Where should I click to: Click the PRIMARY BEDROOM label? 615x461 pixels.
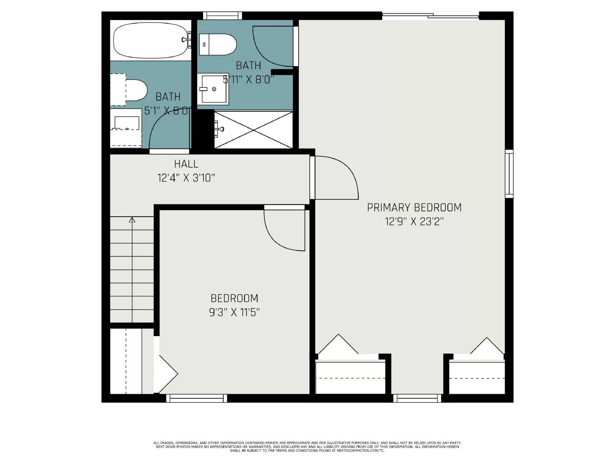pyautogui.click(x=414, y=207)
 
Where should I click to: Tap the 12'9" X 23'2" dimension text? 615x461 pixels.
pyautogui.click(x=414, y=222)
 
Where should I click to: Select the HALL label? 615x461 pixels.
pyautogui.click(x=186, y=164)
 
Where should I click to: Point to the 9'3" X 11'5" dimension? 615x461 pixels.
pyautogui.click(x=234, y=312)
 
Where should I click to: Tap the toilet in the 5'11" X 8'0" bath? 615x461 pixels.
pyautogui.click(x=218, y=44)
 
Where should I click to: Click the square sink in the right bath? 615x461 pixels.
pyautogui.click(x=213, y=89)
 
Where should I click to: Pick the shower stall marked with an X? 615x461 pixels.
pyautogui.click(x=254, y=130)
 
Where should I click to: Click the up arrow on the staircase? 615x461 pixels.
pyautogui.click(x=132, y=220)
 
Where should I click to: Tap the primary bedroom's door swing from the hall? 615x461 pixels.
pyautogui.click(x=334, y=177)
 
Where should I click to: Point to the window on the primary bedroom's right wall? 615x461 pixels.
pyautogui.click(x=509, y=174)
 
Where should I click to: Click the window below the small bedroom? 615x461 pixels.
pyautogui.click(x=197, y=398)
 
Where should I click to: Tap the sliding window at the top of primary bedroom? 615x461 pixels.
pyautogui.click(x=430, y=16)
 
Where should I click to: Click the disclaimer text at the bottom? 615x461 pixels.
pyautogui.click(x=307, y=446)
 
